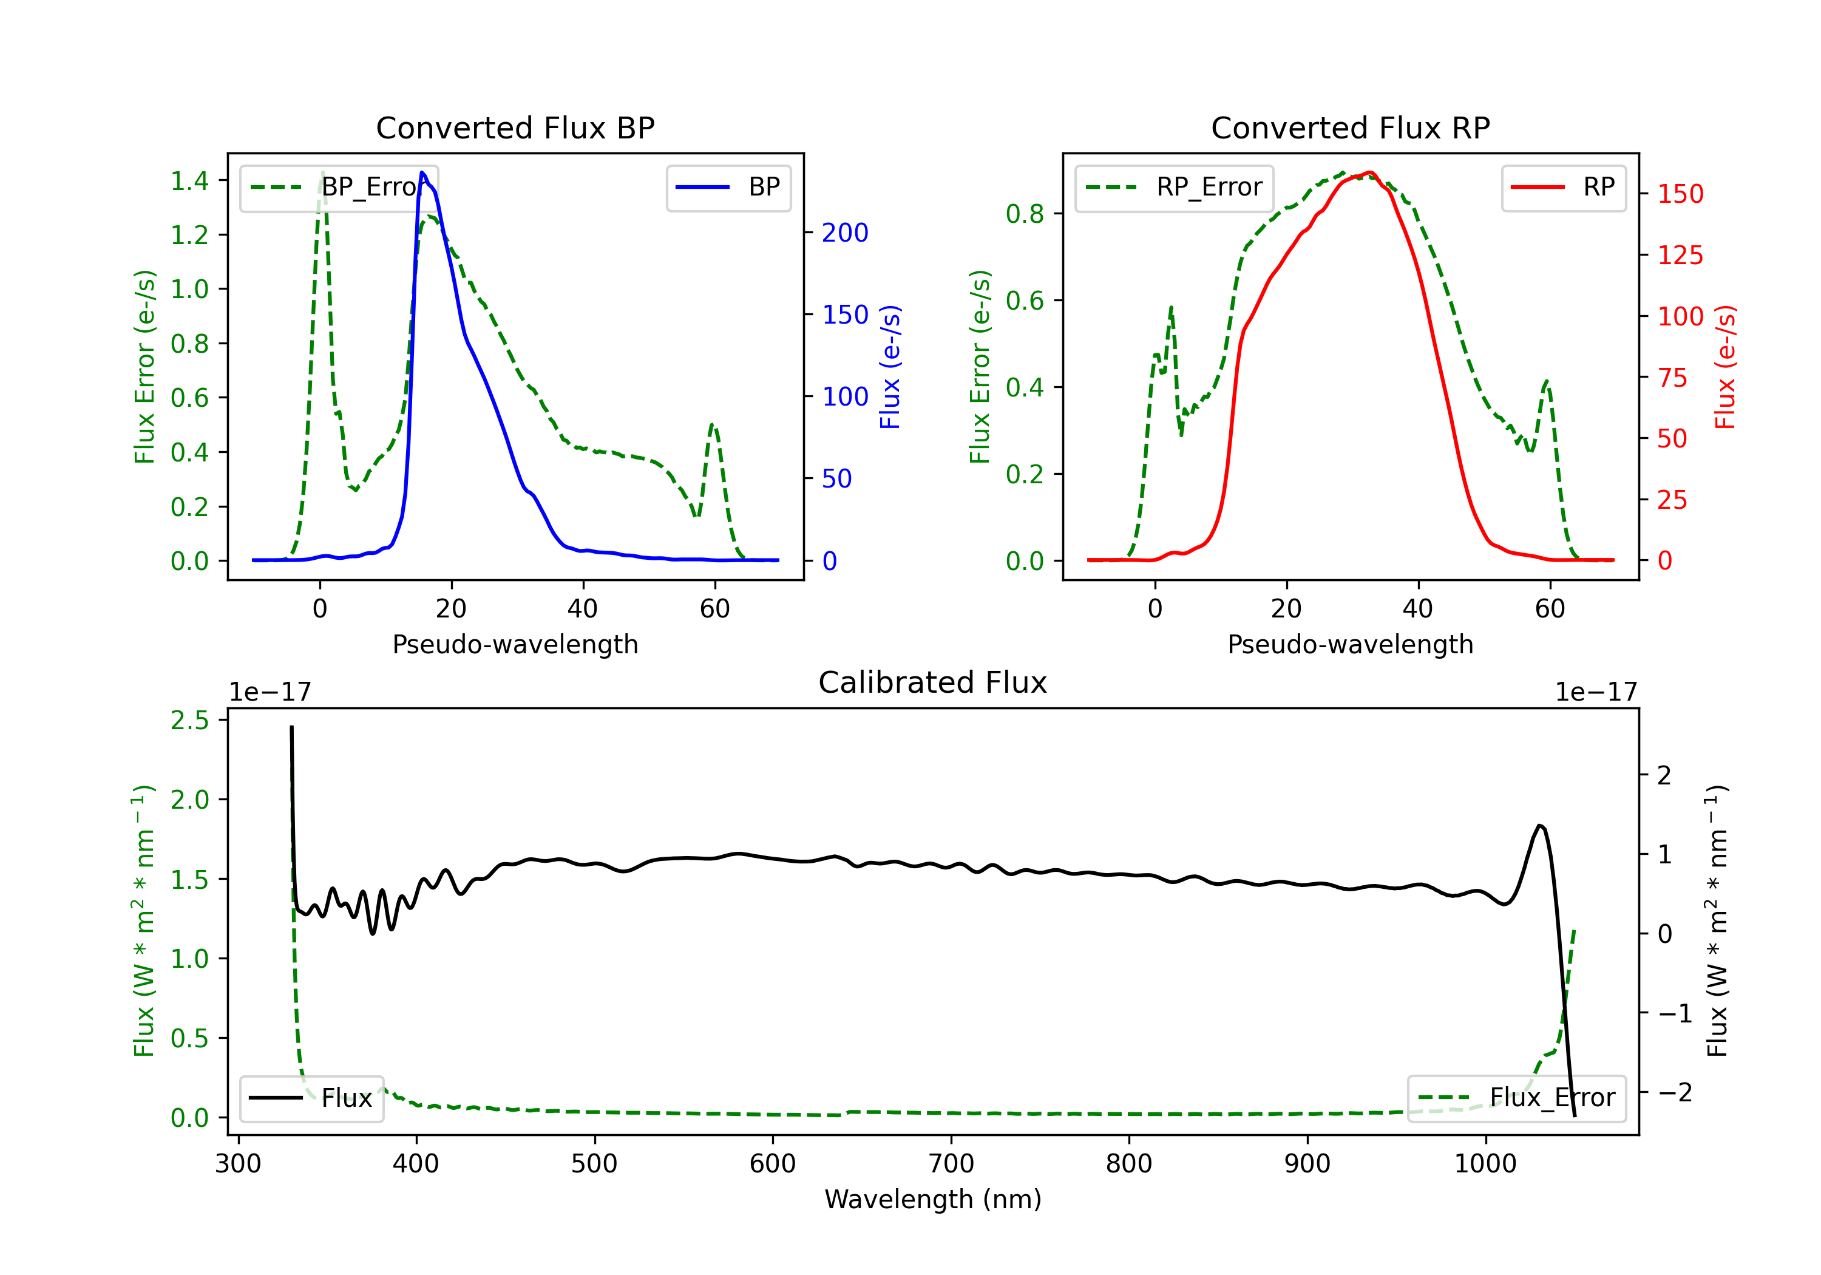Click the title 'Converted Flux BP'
(x=515, y=127)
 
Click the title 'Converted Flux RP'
(x=1350, y=127)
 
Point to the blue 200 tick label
(x=845, y=233)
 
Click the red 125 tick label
(x=1680, y=256)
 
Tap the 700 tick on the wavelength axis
(x=950, y=1163)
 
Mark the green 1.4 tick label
(x=189, y=181)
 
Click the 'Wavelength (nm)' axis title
(x=933, y=1199)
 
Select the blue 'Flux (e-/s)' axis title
(x=890, y=367)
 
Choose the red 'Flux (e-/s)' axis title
(x=1725, y=367)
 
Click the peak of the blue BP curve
(x=422, y=172)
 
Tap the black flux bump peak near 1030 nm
(x=1539, y=826)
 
